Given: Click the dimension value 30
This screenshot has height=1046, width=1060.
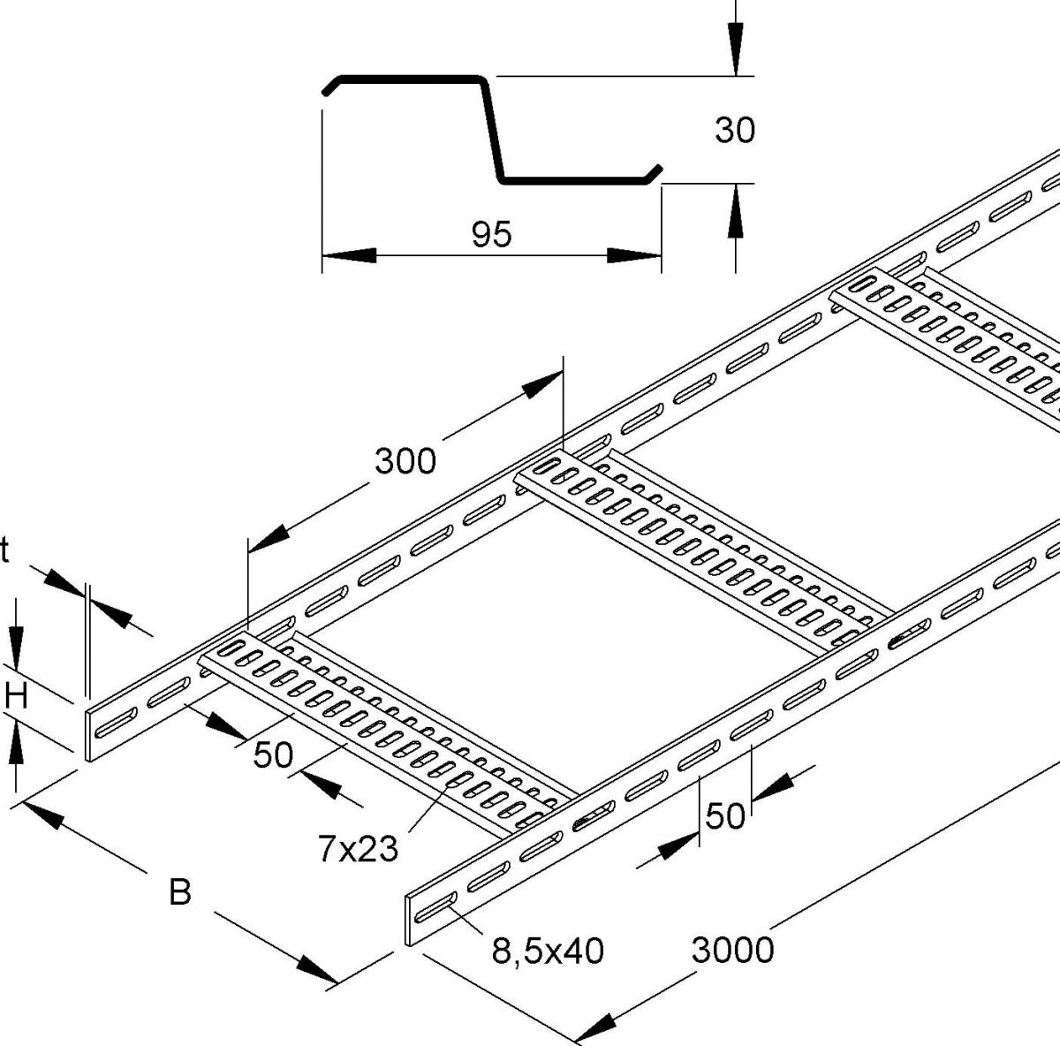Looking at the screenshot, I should [x=734, y=131].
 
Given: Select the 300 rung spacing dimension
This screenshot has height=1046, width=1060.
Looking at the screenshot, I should [x=405, y=460].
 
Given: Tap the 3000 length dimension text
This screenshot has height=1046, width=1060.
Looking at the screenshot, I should [x=732, y=951].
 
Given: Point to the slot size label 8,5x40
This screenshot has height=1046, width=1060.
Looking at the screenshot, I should [x=548, y=951].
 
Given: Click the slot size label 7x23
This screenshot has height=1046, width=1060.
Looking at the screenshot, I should [x=358, y=849].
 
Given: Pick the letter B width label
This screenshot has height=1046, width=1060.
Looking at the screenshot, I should [x=179, y=892].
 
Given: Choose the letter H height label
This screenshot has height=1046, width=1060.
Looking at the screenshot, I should [x=17, y=698].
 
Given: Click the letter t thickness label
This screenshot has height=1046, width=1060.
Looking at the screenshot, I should [x=5, y=552].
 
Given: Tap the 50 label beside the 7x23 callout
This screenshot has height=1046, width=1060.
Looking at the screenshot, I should [x=272, y=755].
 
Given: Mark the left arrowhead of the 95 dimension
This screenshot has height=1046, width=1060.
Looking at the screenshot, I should [x=348, y=255].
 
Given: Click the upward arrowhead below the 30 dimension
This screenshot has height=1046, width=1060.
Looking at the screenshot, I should [x=734, y=211].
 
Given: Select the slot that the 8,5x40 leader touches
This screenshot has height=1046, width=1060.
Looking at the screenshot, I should [x=432, y=908].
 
